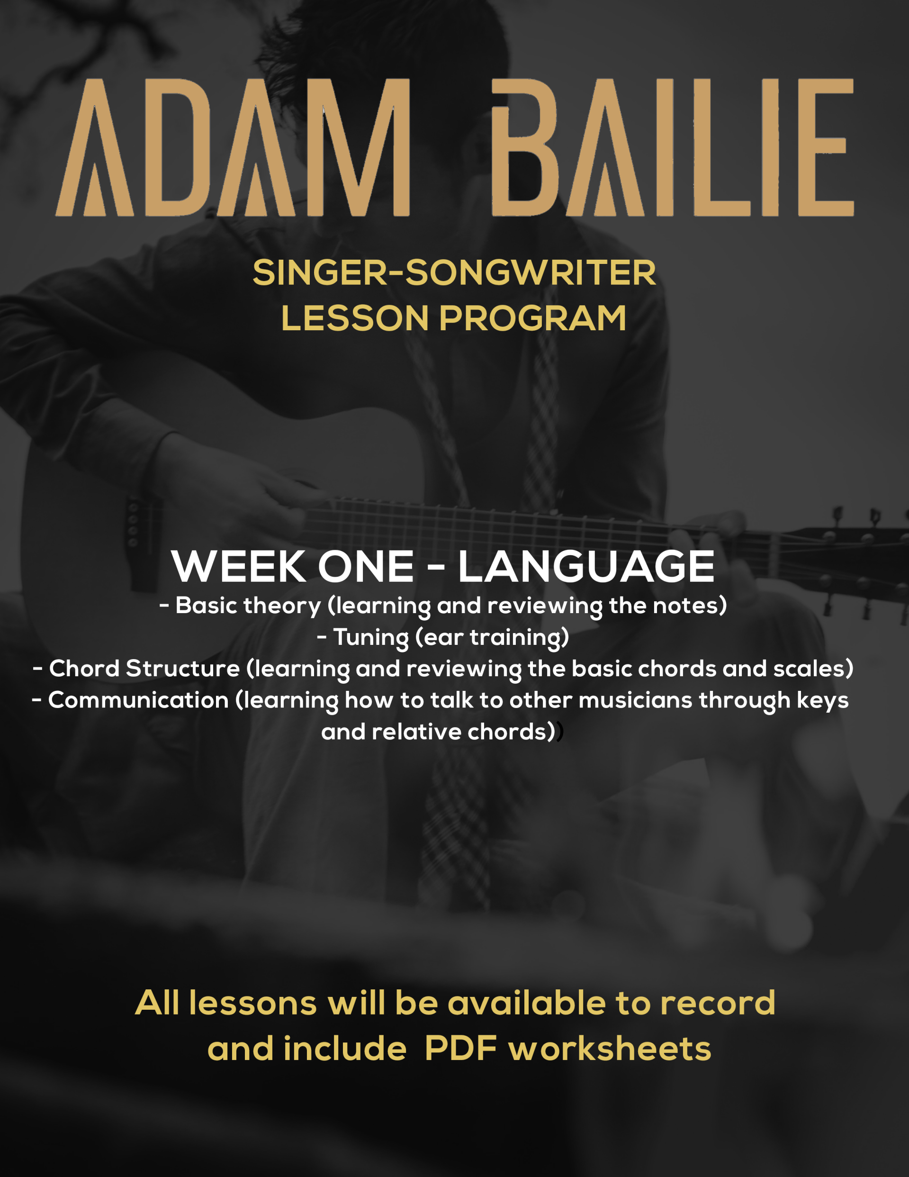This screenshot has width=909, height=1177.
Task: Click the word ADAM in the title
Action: pos(233,148)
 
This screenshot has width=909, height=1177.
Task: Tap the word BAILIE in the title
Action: pos(673,148)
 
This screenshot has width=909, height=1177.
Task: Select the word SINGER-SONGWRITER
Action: pos(454,273)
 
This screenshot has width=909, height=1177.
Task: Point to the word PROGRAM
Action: pos(533,318)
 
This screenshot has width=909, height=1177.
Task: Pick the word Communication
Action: pos(138,700)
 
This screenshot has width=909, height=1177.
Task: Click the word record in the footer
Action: pos(718,1004)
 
